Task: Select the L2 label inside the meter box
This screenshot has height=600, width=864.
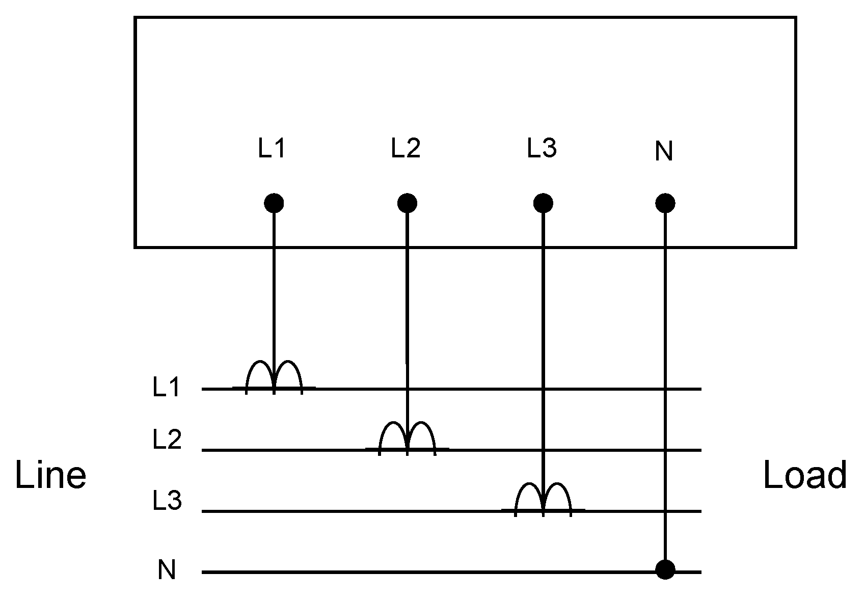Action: click(406, 148)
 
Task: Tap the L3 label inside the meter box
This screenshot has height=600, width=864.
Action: click(542, 148)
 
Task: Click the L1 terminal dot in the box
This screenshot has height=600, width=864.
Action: click(274, 204)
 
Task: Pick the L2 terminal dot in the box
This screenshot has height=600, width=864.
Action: click(407, 204)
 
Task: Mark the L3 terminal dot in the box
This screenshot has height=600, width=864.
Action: click(543, 204)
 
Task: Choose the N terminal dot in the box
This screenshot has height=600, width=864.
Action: click(665, 204)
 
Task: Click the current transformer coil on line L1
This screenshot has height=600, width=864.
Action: click(274, 377)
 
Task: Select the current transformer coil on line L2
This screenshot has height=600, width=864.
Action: click(407, 439)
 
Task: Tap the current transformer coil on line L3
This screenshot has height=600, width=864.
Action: click(543, 499)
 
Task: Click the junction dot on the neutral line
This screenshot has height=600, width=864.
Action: click(665, 569)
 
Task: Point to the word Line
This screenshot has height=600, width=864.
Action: click(50, 476)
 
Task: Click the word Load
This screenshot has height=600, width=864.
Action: click(805, 476)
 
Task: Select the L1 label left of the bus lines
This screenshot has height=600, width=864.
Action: click(166, 389)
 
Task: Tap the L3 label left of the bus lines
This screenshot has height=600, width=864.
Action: click(167, 501)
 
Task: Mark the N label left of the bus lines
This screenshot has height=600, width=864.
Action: click(167, 570)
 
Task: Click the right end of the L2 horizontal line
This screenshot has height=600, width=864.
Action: click(700, 450)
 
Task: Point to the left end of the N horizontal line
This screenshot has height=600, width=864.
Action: click(204, 572)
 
